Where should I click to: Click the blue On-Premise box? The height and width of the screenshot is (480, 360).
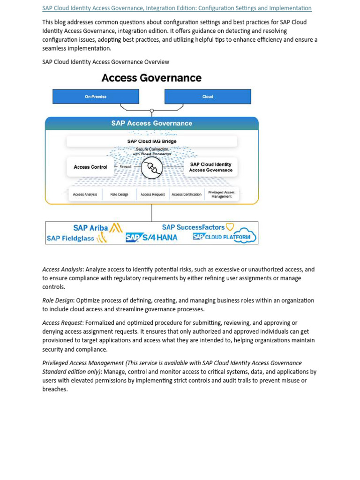click(x=96, y=97)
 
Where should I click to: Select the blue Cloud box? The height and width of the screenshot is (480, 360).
click(x=208, y=97)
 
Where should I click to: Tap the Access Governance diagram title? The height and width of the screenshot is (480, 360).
click(x=151, y=78)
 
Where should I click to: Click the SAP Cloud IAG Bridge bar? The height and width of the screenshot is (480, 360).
click(x=152, y=141)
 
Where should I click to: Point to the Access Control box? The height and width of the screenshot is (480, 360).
click(x=90, y=167)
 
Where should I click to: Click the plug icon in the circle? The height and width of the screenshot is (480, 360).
click(x=152, y=167)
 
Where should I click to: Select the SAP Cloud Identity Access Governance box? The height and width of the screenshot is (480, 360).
click(x=210, y=167)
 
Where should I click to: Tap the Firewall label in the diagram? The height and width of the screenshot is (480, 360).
click(x=126, y=166)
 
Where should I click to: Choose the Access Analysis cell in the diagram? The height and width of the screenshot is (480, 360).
click(x=85, y=195)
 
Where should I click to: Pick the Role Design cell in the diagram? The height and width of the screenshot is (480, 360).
click(x=119, y=195)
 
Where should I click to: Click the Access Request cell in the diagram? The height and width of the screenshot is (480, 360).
click(x=153, y=195)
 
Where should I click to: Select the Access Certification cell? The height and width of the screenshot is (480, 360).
click(x=187, y=195)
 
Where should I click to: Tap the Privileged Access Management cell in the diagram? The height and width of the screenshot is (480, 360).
click(x=221, y=195)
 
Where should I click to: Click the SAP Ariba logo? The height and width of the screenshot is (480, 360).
click(x=98, y=228)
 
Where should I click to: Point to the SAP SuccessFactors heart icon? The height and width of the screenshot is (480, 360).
click(x=230, y=227)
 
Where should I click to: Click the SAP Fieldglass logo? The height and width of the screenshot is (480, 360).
click(x=77, y=238)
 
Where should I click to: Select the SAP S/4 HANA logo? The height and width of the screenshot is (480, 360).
click(x=151, y=238)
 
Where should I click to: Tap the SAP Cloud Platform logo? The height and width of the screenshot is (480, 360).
click(x=225, y=237)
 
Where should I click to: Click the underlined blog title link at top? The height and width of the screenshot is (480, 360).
click(x=177, y=8)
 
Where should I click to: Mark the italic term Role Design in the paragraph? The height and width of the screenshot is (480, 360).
click(x=58, y=300)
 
